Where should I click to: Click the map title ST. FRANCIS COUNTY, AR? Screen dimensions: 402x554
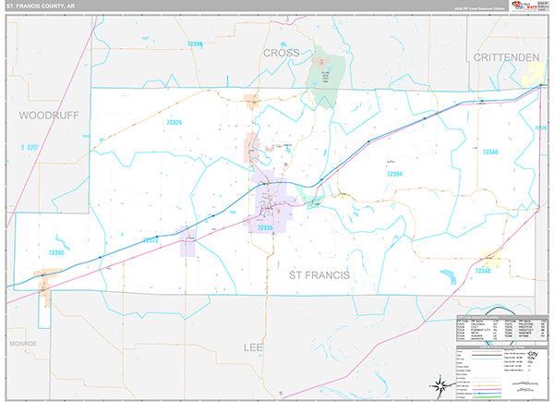[42, 7]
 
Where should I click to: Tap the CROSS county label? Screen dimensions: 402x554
[281, 55]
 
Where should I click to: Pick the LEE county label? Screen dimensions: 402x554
[253, 347]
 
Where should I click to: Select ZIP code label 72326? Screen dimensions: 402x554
[167, 123]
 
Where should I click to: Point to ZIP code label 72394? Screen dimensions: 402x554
[393, 173]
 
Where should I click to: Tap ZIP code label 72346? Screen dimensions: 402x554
[489, 152]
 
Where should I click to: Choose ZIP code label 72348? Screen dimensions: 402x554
[484, 271]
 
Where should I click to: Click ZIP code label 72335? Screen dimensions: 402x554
[265, 227]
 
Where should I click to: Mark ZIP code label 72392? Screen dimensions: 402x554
[57, 250]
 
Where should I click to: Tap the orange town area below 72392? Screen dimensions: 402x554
[45, 275]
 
